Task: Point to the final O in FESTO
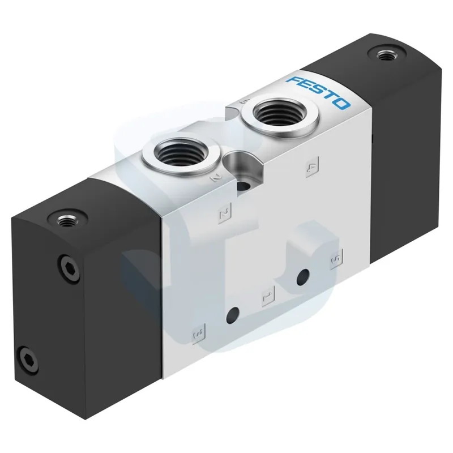[343, 104]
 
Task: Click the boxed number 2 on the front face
[225, 213]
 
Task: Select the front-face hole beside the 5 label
[303, 276]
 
